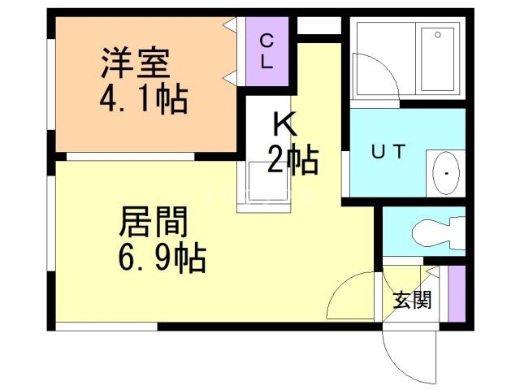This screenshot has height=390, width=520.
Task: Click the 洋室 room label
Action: [134, 63]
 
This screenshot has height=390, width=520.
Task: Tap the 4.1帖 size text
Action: [143, 101]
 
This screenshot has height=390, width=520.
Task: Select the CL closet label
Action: [266, 51]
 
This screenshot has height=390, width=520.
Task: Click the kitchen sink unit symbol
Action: [263, 185]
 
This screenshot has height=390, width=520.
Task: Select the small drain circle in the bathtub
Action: [437, 36]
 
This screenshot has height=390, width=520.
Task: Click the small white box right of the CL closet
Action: [318, 25]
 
